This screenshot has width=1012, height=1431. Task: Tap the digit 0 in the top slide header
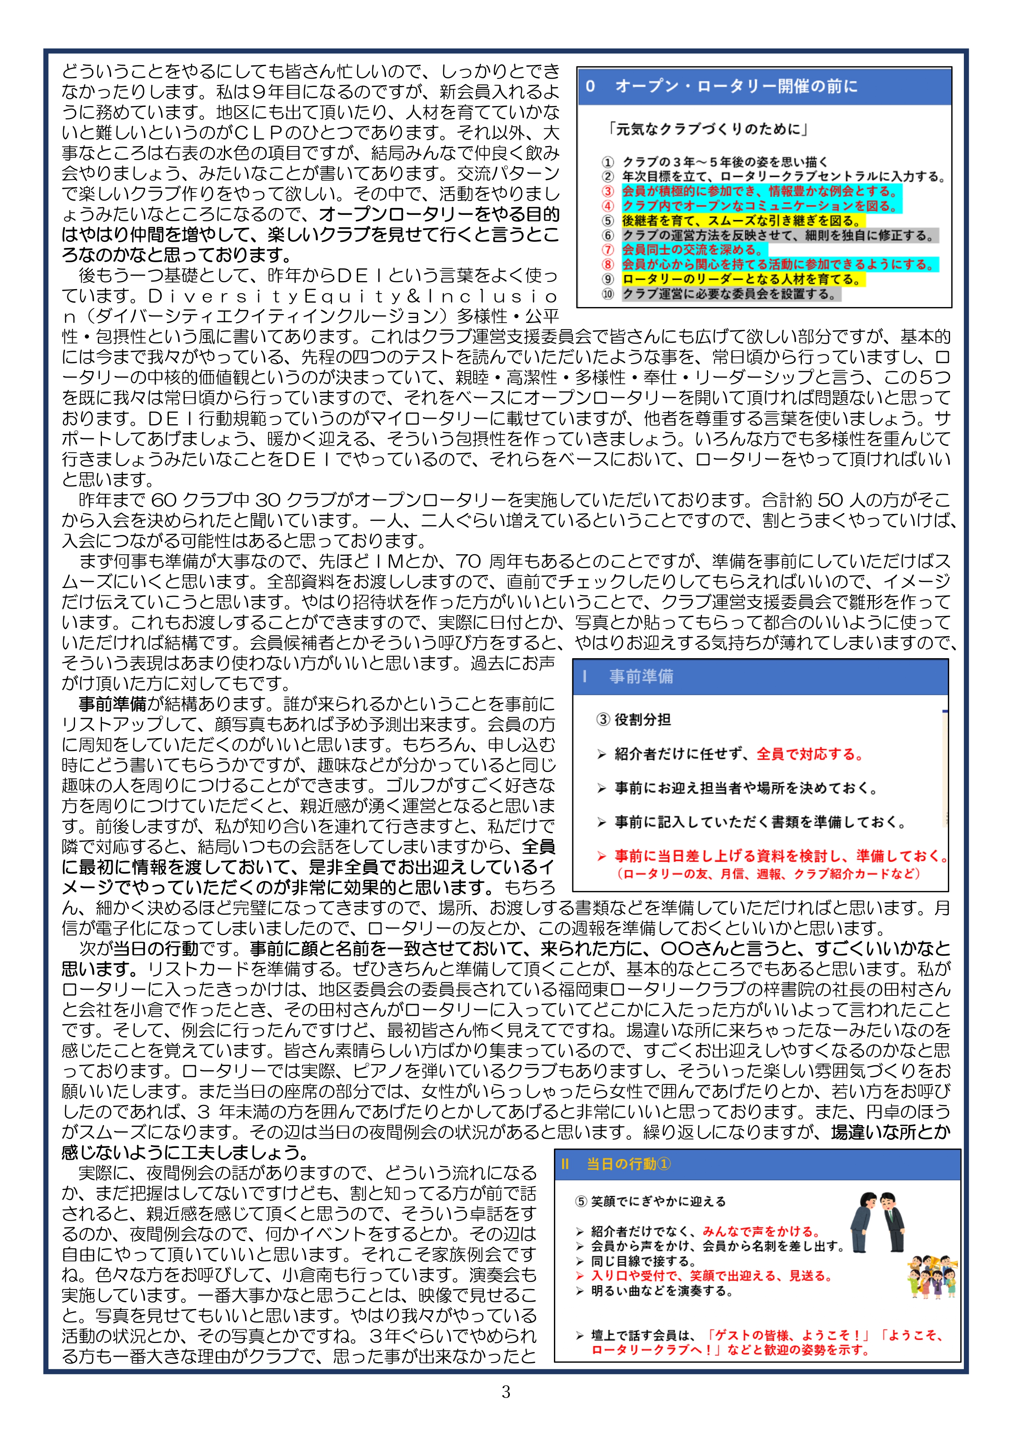pyautogui.click(x=590, y=86)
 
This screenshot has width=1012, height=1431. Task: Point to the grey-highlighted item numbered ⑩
pyautogui.click(x=730, y=294)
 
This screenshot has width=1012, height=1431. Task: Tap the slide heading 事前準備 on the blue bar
pyautogui.click(x=641, y=676)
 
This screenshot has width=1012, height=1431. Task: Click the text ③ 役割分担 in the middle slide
pyautogui.click(x=633, y=720)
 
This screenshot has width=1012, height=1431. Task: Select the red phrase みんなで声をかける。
pyautogui.click(x=761, y=1232)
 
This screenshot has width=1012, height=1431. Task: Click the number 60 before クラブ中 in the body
pyautogui.click(x=165, y=500)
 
